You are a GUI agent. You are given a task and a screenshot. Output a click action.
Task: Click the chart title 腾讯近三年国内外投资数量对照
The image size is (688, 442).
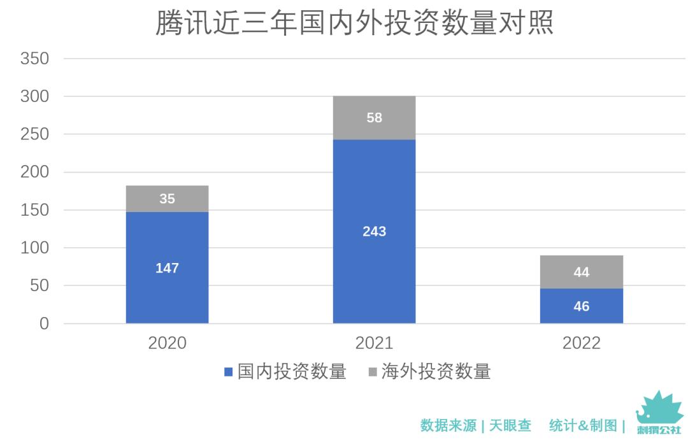(x=354, y=23)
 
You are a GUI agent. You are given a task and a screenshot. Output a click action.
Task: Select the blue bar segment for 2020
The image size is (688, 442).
(x=167, y=293)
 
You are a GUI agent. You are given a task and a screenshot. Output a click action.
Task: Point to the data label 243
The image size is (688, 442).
(x=374, y=231)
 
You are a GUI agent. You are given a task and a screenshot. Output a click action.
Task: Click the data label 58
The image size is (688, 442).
(x=374, y=118)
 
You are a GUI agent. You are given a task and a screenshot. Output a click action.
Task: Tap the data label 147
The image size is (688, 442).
(x=167, y=268)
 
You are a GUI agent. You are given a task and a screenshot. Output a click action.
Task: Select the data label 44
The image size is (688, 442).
(x=581, y=273)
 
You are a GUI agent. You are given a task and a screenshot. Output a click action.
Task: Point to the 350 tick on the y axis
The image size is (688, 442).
(x=34, y=59)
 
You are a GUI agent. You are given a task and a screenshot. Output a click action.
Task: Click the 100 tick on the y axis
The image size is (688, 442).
(x=34, y=248)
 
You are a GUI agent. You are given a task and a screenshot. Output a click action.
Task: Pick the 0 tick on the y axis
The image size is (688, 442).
(x=43, y=324)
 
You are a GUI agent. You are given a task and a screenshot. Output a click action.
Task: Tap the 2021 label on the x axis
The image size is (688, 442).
(x=374, y=343)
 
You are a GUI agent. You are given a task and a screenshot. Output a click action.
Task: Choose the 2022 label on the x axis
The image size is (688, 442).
(x=581, y=343)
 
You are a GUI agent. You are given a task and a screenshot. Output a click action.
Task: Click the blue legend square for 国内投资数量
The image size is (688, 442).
(x=228, y=372)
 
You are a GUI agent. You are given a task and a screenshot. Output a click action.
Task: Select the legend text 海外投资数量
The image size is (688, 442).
(x=436, y=372)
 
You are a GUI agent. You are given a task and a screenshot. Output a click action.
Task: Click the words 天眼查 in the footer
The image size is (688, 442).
(x=510, y=425)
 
